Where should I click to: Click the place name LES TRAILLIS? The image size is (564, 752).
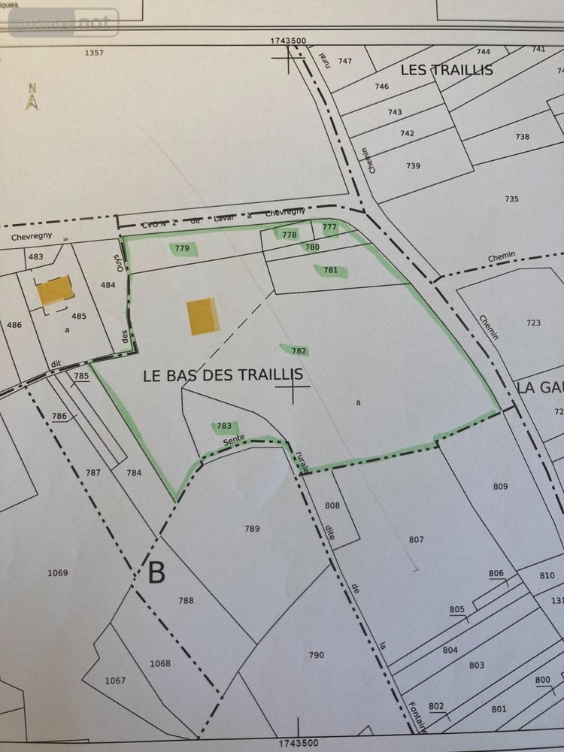pyautogui.click(x=447, y=70)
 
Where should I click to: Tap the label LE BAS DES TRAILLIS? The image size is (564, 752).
pyautogui.click(x=223, y=374)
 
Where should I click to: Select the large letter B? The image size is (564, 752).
pyautogui.click(x=156, y=573)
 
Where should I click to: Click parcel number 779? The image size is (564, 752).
pyautogui.click(x=180, y=248)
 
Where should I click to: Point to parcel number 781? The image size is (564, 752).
pyautogui.click(x=330, y=270)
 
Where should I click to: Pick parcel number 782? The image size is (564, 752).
pyautogui.click(x=299, y=350)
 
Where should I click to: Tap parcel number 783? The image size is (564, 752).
pyautogui.click(x=224, y=426)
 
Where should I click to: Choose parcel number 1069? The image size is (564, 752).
pyautogui.click(x=58, y=573)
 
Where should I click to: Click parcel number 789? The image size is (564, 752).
pyautogui.click(x=252, y=529)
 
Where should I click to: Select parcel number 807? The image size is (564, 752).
pyautogui.click(x=417, y=539)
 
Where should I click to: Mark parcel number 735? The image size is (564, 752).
pyautogui.click(x=511, y=199)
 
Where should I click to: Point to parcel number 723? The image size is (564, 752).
pyautogui.click(x=533, y=323)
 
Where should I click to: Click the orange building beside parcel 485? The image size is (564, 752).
pyautogui.click(x=56, y=291)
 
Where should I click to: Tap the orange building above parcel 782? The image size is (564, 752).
pyautogui.click(x=202, y=317)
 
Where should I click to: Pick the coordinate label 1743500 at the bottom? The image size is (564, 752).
pyautogui.click(x=299, y=743)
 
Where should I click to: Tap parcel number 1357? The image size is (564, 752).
pyautogui.click(x=96, y=53)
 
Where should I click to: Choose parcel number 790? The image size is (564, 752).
pyautogui.click(x=316, y=655)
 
